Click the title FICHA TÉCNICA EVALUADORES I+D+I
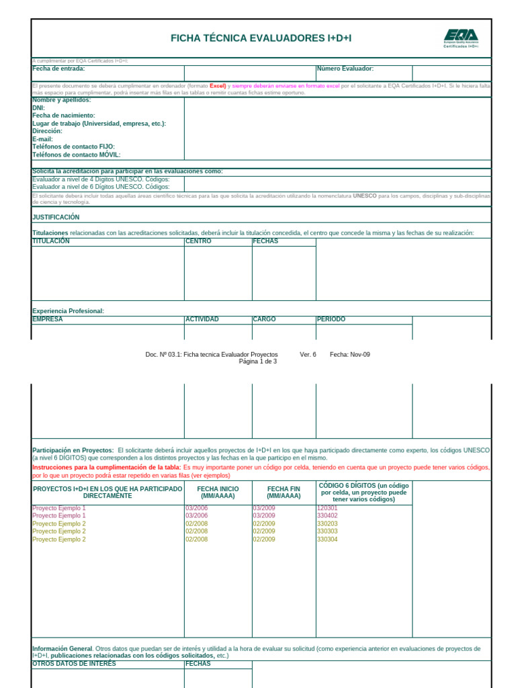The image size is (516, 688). [261, 38]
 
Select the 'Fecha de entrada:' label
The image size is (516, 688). [58, 69]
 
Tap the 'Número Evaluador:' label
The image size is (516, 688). [345, 69]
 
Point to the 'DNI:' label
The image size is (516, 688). [38, 107]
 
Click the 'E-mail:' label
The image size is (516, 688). [42, 139]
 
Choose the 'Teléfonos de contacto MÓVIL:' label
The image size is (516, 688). [76, 155]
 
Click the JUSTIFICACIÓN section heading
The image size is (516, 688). [56, 217]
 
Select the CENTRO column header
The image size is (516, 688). [198, 241]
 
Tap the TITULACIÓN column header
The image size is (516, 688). [51, 241]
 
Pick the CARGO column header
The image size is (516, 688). [264, 319]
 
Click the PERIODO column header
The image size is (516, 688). [331, 319]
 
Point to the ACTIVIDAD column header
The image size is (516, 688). [202, 319]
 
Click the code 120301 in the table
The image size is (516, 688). [327, 508]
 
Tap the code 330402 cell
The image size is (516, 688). [327, 516]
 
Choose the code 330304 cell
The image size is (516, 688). [327, 539]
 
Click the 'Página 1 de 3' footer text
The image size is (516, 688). [258, 361]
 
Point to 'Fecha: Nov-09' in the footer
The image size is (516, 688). [349, 354]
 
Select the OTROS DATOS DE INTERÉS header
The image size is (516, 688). [74, 664]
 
